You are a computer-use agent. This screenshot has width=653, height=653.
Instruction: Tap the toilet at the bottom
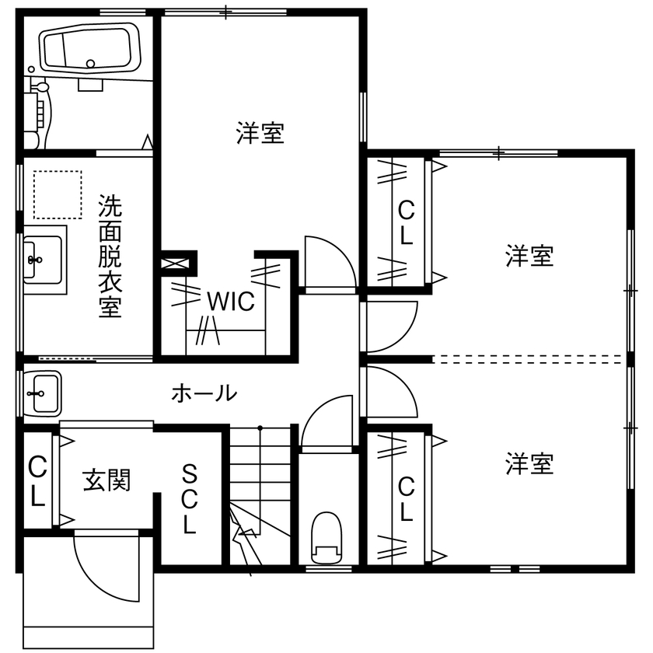pos(326,537)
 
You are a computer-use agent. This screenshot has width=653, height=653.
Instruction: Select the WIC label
pos(230,301)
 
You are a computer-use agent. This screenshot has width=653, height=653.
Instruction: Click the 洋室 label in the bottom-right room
pos(529,465)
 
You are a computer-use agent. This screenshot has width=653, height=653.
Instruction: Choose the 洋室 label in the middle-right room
pos(529,256)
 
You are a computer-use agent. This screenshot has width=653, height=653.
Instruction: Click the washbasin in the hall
pos(44,392)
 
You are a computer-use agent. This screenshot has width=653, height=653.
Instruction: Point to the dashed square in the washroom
pos(58,195)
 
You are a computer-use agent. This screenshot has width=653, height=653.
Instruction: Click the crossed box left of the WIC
pos(178,262)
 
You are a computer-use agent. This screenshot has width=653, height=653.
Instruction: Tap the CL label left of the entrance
pos(37,482)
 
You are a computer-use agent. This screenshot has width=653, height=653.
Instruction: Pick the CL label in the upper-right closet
pos(405,222)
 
